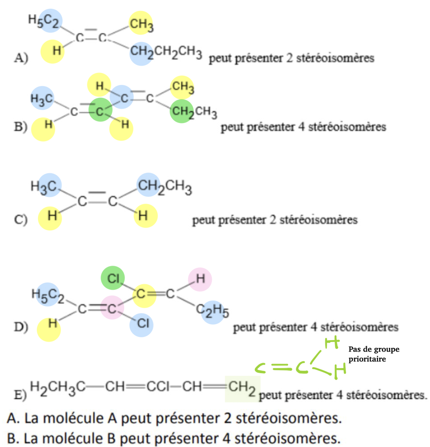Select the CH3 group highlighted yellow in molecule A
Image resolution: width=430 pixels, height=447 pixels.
pos(141,24)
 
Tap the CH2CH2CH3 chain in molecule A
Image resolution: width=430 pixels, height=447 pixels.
pos(166,52)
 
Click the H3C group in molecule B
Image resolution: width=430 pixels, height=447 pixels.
pos(42,99)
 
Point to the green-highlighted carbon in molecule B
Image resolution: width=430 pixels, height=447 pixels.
pos(100,111)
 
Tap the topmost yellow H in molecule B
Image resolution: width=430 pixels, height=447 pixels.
pos(99,85)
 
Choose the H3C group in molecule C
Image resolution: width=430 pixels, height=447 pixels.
pos(45,187)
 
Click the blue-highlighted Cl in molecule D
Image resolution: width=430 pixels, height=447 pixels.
pos(142,324)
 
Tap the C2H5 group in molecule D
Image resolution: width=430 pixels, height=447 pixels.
pos(213,311)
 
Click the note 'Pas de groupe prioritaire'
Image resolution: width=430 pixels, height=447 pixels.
pos(374,354)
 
